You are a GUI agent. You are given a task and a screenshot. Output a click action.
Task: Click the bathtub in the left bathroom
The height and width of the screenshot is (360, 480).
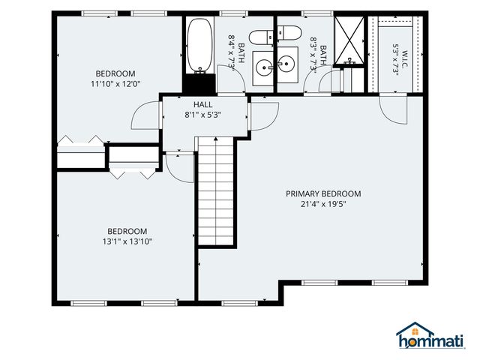click(200, 45)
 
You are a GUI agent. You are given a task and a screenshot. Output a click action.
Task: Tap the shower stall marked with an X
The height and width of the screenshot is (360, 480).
click(349, 40)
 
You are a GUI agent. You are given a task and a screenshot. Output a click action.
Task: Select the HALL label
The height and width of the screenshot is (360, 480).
click(203, 104)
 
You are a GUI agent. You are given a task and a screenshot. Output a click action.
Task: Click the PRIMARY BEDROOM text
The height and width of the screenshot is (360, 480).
click(323, 193)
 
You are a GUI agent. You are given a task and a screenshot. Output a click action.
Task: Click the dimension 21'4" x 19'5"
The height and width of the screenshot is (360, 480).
click(323, 204)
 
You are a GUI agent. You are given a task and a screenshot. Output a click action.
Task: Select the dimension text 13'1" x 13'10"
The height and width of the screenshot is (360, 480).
click(127, 241)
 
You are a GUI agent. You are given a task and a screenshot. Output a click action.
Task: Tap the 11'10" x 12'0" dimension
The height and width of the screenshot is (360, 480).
click(115, 84)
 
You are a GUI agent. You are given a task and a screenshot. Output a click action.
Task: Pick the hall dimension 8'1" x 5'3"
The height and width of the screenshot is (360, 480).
click(203, 115)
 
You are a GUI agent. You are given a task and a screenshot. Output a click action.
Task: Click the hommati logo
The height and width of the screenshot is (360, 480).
click(430, 336)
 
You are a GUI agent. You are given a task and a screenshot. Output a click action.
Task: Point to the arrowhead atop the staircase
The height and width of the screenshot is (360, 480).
click(216, 139)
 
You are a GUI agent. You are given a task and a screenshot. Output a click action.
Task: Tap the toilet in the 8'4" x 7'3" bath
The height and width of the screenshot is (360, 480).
click(261, 37)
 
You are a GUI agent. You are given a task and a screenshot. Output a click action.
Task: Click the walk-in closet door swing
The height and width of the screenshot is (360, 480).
click(393, 109)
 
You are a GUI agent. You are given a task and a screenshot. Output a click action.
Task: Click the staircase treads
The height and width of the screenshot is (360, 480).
click(216, 191)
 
